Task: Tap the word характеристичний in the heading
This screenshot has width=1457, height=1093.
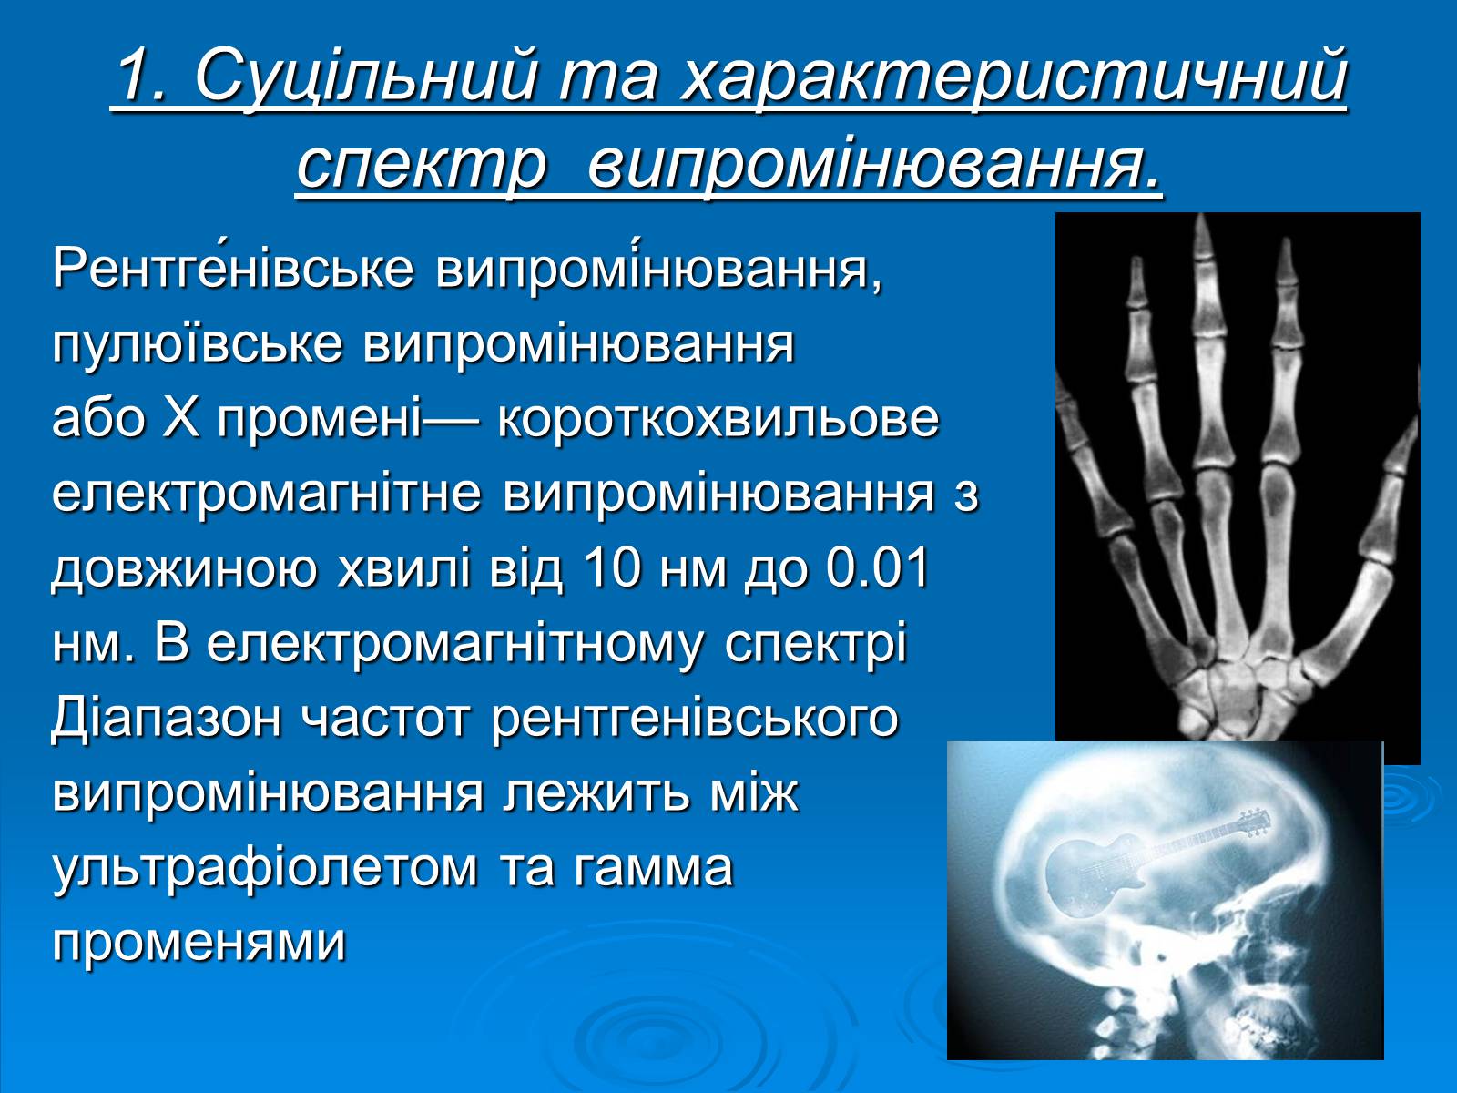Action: [1014, 79]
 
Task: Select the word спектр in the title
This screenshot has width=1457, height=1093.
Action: [423, 163]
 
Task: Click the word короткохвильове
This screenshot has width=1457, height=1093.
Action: [718, 418]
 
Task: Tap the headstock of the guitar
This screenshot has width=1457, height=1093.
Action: [1255, 822]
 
